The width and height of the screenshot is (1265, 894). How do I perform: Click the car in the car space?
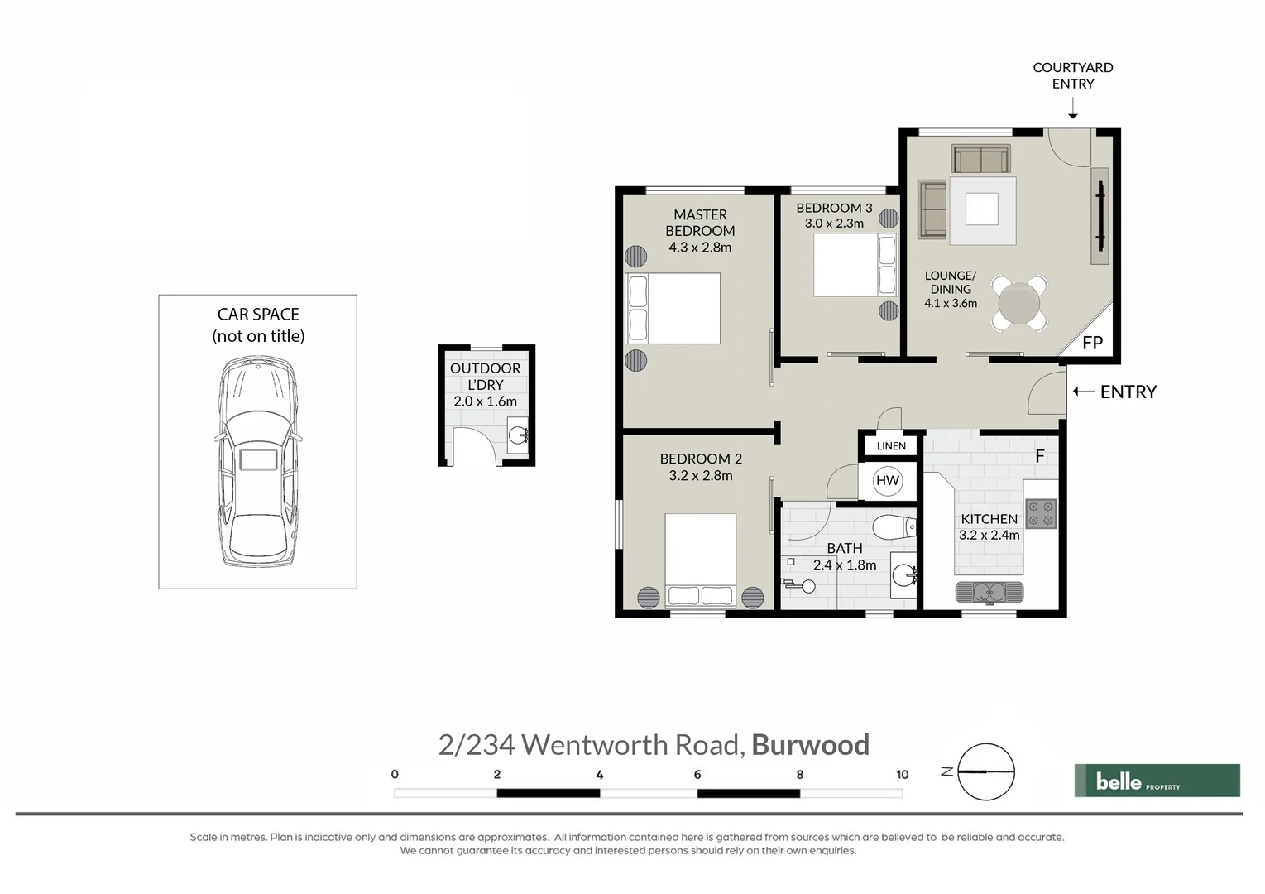coord(257,461)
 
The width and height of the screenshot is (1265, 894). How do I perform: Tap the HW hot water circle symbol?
coord(887,480)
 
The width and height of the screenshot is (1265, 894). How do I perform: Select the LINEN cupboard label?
coord(891,446)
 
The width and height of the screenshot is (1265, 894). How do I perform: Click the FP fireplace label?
coord(1092,343)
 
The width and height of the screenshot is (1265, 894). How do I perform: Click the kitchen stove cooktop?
coord(1041,513)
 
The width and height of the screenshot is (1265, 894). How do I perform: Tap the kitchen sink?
coord(989,592)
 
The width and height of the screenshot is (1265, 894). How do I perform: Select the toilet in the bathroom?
coord(895,526)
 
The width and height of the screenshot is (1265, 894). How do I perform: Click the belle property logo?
coord(1156,781)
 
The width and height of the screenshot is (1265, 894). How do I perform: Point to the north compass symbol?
coord(985,771)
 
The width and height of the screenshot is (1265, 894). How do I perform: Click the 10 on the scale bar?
coord(902,775)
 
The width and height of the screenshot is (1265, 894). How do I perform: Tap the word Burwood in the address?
coord(810,745)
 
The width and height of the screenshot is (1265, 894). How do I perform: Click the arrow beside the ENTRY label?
coord(1083,392)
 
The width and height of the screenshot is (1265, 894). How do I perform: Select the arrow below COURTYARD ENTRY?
coord(1072,108)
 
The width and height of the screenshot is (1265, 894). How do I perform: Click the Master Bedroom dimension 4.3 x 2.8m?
coord(700,248)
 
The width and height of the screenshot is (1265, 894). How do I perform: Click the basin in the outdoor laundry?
coord(517,434)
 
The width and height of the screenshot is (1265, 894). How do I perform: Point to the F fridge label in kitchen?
coord(1040,456)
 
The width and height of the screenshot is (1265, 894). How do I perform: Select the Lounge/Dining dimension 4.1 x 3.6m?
coord(951,304)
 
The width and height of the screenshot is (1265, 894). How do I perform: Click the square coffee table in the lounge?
coord(982,209)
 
